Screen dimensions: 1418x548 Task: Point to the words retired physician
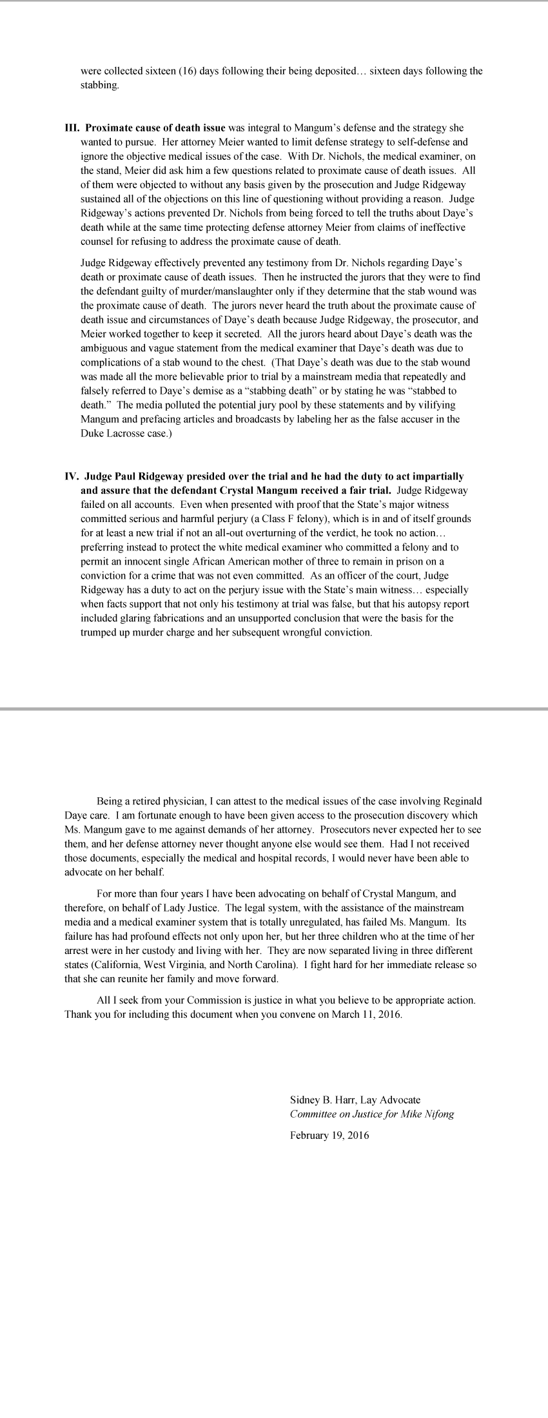[169, 801]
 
